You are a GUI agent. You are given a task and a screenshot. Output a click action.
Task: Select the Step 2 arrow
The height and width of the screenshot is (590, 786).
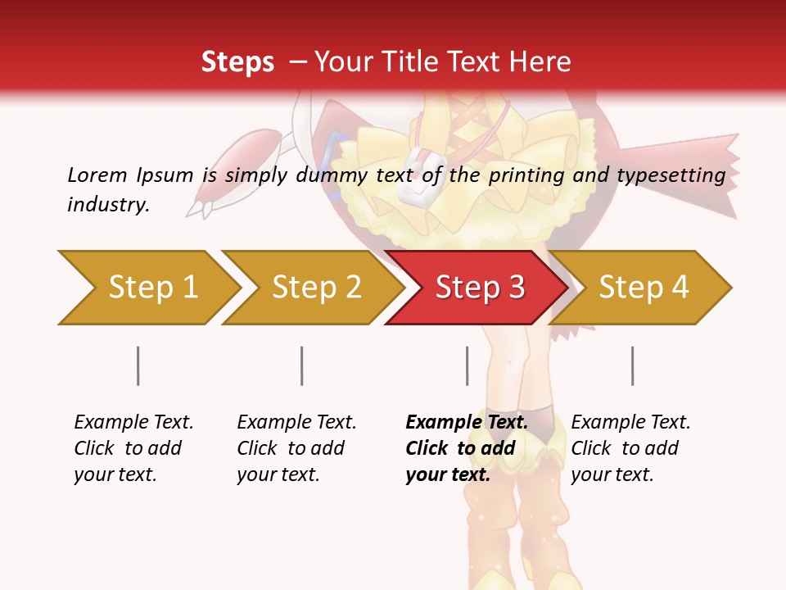coord(315,287)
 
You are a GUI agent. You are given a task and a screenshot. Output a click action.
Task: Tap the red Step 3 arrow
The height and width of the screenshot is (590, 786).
coord(479,287)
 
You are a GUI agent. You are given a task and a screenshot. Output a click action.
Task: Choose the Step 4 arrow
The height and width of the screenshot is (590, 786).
coord(644,287)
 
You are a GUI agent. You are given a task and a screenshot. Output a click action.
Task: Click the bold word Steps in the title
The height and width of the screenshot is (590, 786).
coord(237,61)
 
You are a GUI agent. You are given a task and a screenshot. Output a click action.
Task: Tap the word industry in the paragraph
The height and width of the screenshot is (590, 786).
coord(108,204)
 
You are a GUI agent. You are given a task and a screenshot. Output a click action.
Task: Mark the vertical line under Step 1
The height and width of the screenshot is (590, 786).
coord(138,365)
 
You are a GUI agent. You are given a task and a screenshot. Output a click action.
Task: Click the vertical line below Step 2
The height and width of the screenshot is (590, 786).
coord(302,365)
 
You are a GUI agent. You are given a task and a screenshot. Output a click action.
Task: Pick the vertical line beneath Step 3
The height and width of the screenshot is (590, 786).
coord(468,365)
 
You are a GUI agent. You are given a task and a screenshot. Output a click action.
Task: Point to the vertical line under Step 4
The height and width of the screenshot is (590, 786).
coord(633,365)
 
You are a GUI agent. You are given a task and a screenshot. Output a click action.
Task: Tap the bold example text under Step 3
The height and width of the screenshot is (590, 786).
coord(466,448)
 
